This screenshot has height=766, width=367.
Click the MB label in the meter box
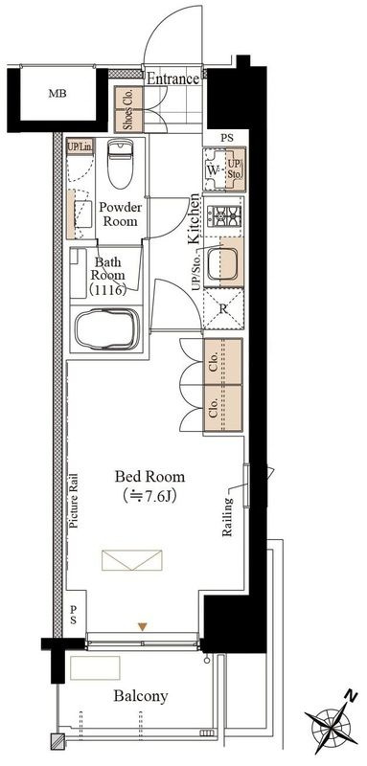pyautogui.click(x=57, y=94)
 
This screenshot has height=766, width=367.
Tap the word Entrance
pyautogui.click(x=173, y=79)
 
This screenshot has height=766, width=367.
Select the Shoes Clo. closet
pyautogui.click(x=129, y=110)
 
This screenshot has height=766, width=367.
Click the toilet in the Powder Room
pyautogui.click(x=120, y=164)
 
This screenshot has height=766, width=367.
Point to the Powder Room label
pyautogui.click(x=120, y=214)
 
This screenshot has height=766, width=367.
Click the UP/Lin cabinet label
pyautogui.click(x=80, y=146)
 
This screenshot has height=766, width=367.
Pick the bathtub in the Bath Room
pyautogui.click(x=107, y=329)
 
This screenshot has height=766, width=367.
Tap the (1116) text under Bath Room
pyautogui.click(x=108, y=290)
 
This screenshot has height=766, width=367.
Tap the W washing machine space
pyautogui.click(x=213, y=170)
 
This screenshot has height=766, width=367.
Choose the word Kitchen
pyautogui.click(x=194, y=218)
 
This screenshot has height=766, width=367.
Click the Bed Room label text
pyautogui.click(x=149, y=476)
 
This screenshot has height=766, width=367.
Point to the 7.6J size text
pyautogui.click(x=149, y=496)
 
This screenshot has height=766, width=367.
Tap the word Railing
pyautogui.click(x=228, y=517)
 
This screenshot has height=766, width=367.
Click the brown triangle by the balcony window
pyautogui.click(x=142, y=627)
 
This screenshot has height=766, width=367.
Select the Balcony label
pyautogui.click(x=141, y=696)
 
